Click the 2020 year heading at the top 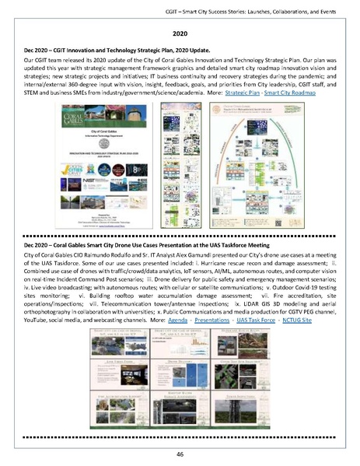[x=180, y=35]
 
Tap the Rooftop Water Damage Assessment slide [x=178, y=402]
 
